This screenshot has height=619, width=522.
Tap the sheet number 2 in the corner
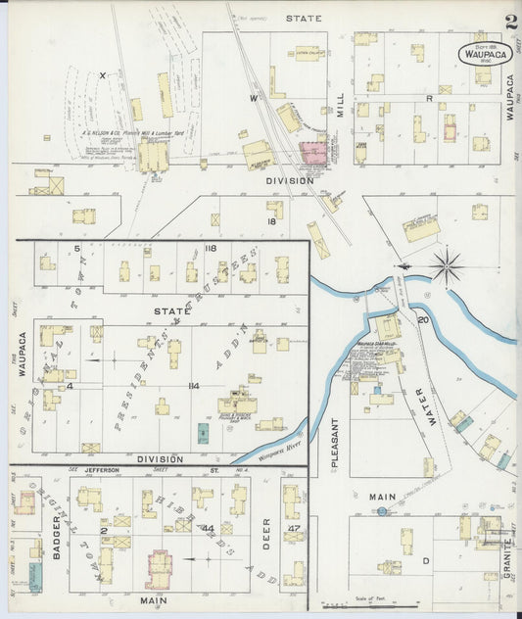tap(510, 22)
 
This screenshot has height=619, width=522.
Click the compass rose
tap(446, 265)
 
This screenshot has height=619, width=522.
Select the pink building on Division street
tap(313, 153)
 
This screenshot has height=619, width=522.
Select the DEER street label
tap(265, 534)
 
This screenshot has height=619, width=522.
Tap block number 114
tap(193, 386)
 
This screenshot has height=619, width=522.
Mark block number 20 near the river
tap(423, 320)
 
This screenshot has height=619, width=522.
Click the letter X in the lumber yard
tap(101, 74)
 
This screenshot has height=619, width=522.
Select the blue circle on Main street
tap(382, 510)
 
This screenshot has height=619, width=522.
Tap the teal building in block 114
tap(203, 432)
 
